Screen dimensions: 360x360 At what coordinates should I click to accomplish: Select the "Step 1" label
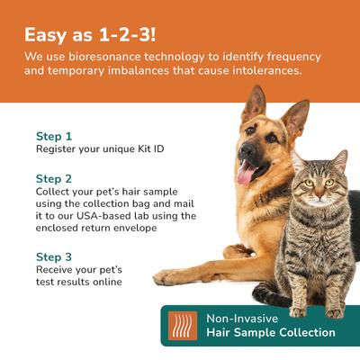pyautogui.click(x=54, y=136)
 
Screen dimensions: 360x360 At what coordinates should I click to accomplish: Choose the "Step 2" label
pyautogui.click(x=54, y=178)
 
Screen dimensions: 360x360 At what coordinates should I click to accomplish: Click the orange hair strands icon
pyautogui.click(x=184, y=325)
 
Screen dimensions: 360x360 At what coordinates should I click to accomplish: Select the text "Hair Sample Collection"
pyautogui.click(x=271, y=333)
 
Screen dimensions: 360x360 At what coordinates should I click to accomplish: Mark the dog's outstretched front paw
pyautogui.click(x=171, y=278)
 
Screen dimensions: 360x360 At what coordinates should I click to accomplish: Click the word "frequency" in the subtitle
pyautogui.click(x=291, y=57)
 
